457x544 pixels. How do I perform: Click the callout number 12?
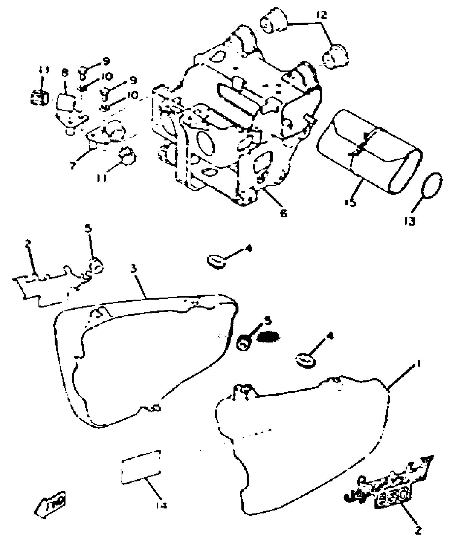point(322,15)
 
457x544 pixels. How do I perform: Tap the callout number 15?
point(351,202)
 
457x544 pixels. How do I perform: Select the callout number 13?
point(410,221)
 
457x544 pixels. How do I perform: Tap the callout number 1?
point(418,364)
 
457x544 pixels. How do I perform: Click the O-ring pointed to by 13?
point(432,185)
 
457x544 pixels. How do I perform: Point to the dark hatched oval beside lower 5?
point(268,337)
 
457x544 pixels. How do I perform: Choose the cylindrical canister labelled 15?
point(368,152)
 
